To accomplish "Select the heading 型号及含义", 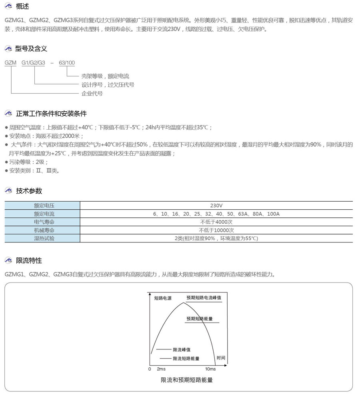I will click(31, 49).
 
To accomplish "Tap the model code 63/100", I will click(67, 63).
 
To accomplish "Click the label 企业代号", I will click(92, 94).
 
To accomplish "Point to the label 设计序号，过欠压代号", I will click(108, 85).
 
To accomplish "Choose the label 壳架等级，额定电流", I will click(105, 76).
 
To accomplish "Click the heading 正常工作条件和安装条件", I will click(51, 114).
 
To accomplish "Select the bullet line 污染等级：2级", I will click(28, 162).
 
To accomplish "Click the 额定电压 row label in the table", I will click(44, 205).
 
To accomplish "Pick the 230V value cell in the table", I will click(216, 205).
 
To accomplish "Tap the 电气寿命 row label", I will click(44, 222).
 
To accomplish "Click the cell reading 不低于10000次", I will click(216, 230).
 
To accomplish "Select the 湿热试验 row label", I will click(44, 238).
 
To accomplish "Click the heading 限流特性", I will click(29, 261).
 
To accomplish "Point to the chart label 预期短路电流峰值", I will click(204, 298).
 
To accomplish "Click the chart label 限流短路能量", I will click(186, 359).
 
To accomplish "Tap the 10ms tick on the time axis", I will click(210, 369).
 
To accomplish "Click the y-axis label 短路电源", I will click(163, 298).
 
